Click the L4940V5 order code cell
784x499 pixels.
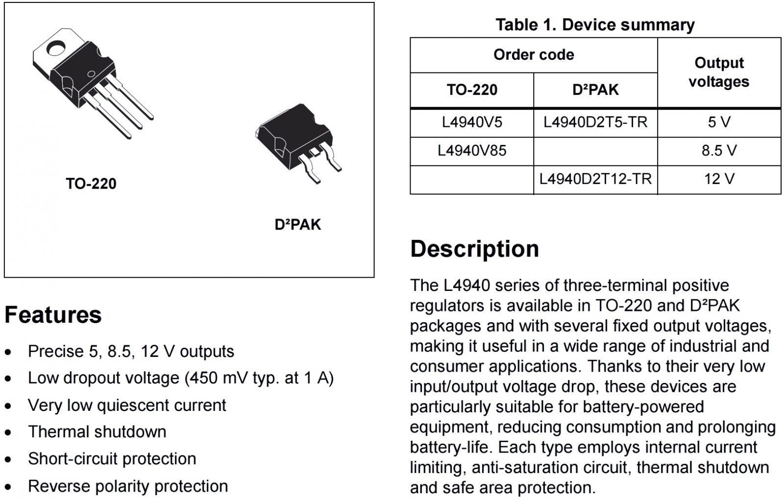pyautogui.click(x=472, y=122)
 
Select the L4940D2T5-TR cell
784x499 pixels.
pyautogui.click(x=595, y=122)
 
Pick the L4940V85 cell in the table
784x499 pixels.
pyautogui.click(x=472, y=150)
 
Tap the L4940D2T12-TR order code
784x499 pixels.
pyautogui.click(x=595, y=179)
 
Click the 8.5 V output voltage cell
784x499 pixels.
pyautogui.click(x=719, y=150)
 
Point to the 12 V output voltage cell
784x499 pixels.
pyautogui.click(x=719, y=179)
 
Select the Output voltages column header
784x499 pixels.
pyautogui.click(x=719, y=72)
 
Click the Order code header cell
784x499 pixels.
pyautogui.click(x=534, y=54)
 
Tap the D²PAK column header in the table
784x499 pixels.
pyautogui.click(x=595, y=90)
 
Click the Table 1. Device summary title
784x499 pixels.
pyautogui.click(x=595, y=24)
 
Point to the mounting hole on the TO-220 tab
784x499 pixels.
pyautogui.click(x=56, y=48)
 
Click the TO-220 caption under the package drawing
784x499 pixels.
pyautogui.click(x=91, y=184)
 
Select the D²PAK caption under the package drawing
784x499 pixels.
pyautogui.click(x=297, y=225)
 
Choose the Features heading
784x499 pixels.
pyautogui.click(x=53, y=314)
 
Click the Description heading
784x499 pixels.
pyautogui.click(x=474, y=249)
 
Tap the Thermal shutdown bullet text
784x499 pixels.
pyautogui.click(x=97, y=432)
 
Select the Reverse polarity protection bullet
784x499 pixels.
pyautogui.click(x=128, y=486)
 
